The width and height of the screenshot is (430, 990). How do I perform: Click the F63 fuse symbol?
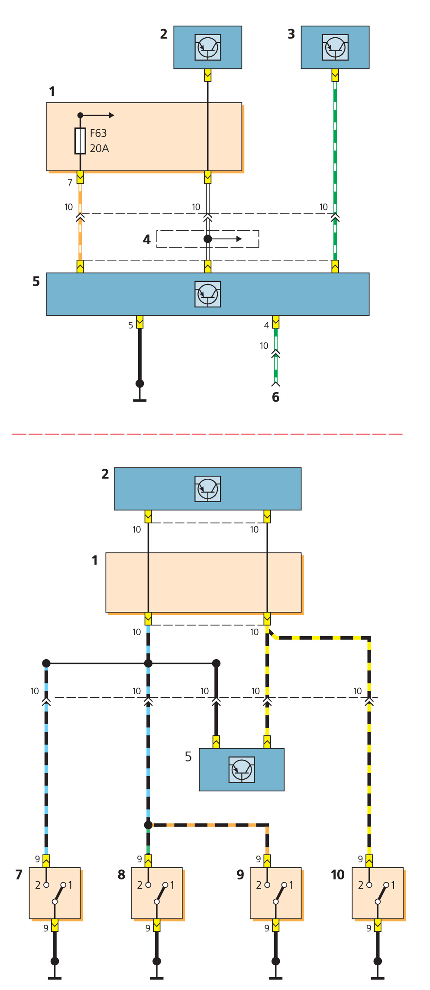coord(80,141)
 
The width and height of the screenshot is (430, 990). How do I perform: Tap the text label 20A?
coord(99,148)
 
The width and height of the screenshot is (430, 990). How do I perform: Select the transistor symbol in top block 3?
coord(335,47)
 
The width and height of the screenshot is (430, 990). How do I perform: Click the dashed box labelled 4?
coord(207,239)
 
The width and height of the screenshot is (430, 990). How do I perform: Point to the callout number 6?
coord(276,397)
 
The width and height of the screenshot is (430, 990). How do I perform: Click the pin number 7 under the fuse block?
coord(70,183)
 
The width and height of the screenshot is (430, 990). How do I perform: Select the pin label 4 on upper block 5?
coord(267,325)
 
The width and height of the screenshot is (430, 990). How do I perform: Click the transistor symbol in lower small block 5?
coord(242,770)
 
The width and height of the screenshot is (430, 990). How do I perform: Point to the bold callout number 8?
coord(122,875)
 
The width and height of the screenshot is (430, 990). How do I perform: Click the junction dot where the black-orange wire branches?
coord(148,825)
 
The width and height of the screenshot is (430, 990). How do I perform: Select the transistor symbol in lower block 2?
coord(208,489)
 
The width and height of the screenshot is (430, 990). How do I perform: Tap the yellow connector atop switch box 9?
coord(267,861)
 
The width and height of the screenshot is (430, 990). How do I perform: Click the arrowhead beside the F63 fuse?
coord(111,115)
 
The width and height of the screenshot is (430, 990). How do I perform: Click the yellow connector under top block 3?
coord(335,75)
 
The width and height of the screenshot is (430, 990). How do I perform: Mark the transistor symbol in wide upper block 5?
coord(208,294)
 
